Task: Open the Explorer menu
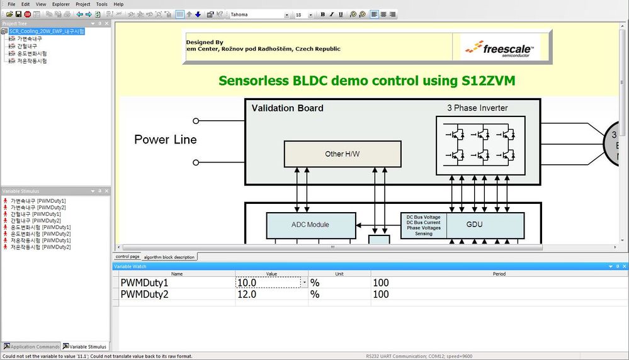click(61, 4)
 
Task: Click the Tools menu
click(101, 4)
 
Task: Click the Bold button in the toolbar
click(323, 14)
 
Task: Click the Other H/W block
click(343, 154)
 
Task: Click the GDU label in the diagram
click(475, 225)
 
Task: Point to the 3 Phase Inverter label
click(477, 108)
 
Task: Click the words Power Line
click(166, 140)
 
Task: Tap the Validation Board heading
click(287, 108)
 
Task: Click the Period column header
click(499, 274)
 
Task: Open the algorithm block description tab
click(169, 257)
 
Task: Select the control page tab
click(127, 257)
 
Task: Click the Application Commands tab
click(31, 347)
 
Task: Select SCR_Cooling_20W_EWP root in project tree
click(47, 31)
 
